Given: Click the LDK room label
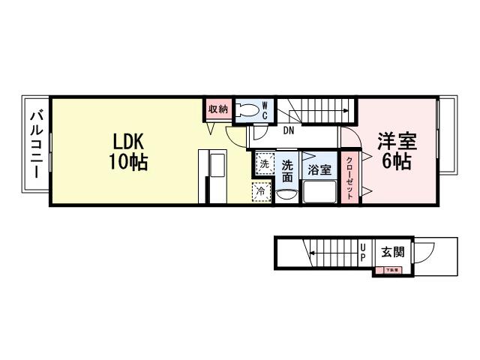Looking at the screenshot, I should tap(128, 141).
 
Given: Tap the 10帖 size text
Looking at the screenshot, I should tap(128, 161).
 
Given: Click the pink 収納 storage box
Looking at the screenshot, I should tap(218, 109).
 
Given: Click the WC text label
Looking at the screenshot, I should tap(265, 111).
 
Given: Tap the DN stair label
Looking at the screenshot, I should tap(289, 131).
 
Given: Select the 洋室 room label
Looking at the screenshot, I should tap(397, 141).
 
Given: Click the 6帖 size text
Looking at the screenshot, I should tap(397, 160).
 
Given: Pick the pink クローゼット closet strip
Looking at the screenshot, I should tap(349, 177).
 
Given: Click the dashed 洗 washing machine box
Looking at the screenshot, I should tap(264, 163).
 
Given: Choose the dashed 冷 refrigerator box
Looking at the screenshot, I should tap(261, 192).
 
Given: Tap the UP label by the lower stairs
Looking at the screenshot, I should tap(363, 252).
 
